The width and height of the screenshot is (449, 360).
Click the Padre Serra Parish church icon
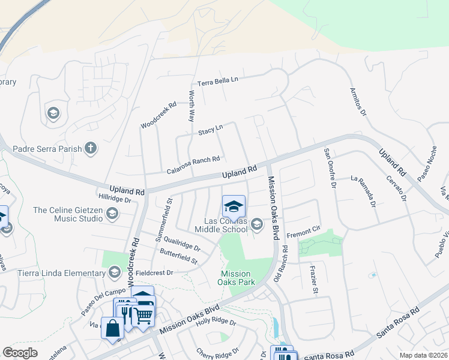pos(91,148)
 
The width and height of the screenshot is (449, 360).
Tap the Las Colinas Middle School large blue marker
pos(234,207)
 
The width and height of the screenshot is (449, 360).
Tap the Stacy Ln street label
pos(210,129)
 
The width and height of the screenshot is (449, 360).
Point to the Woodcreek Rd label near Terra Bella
pos(158,114)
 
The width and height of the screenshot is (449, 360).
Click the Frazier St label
pos(313,280)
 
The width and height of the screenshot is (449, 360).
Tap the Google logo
pos(20,353)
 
